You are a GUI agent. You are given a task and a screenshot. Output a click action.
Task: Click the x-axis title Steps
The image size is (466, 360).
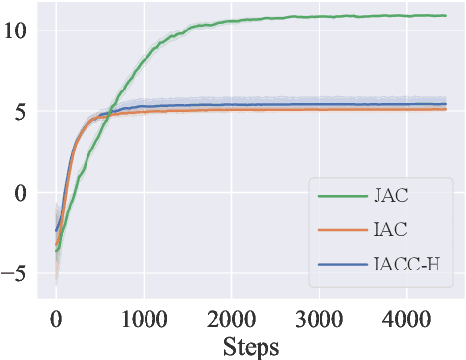coord(251,346)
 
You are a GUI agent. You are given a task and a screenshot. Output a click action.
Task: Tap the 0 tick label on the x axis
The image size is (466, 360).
coord(56,317)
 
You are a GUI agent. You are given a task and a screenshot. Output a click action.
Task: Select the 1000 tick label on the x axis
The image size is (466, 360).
coord(144,317)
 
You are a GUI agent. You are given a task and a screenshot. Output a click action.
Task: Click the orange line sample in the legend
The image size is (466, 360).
coord(338,230)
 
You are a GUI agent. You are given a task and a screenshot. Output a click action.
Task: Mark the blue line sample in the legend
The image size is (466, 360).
coord(338,264)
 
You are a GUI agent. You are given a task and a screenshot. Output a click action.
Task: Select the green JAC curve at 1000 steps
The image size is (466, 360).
coord(144,60)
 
